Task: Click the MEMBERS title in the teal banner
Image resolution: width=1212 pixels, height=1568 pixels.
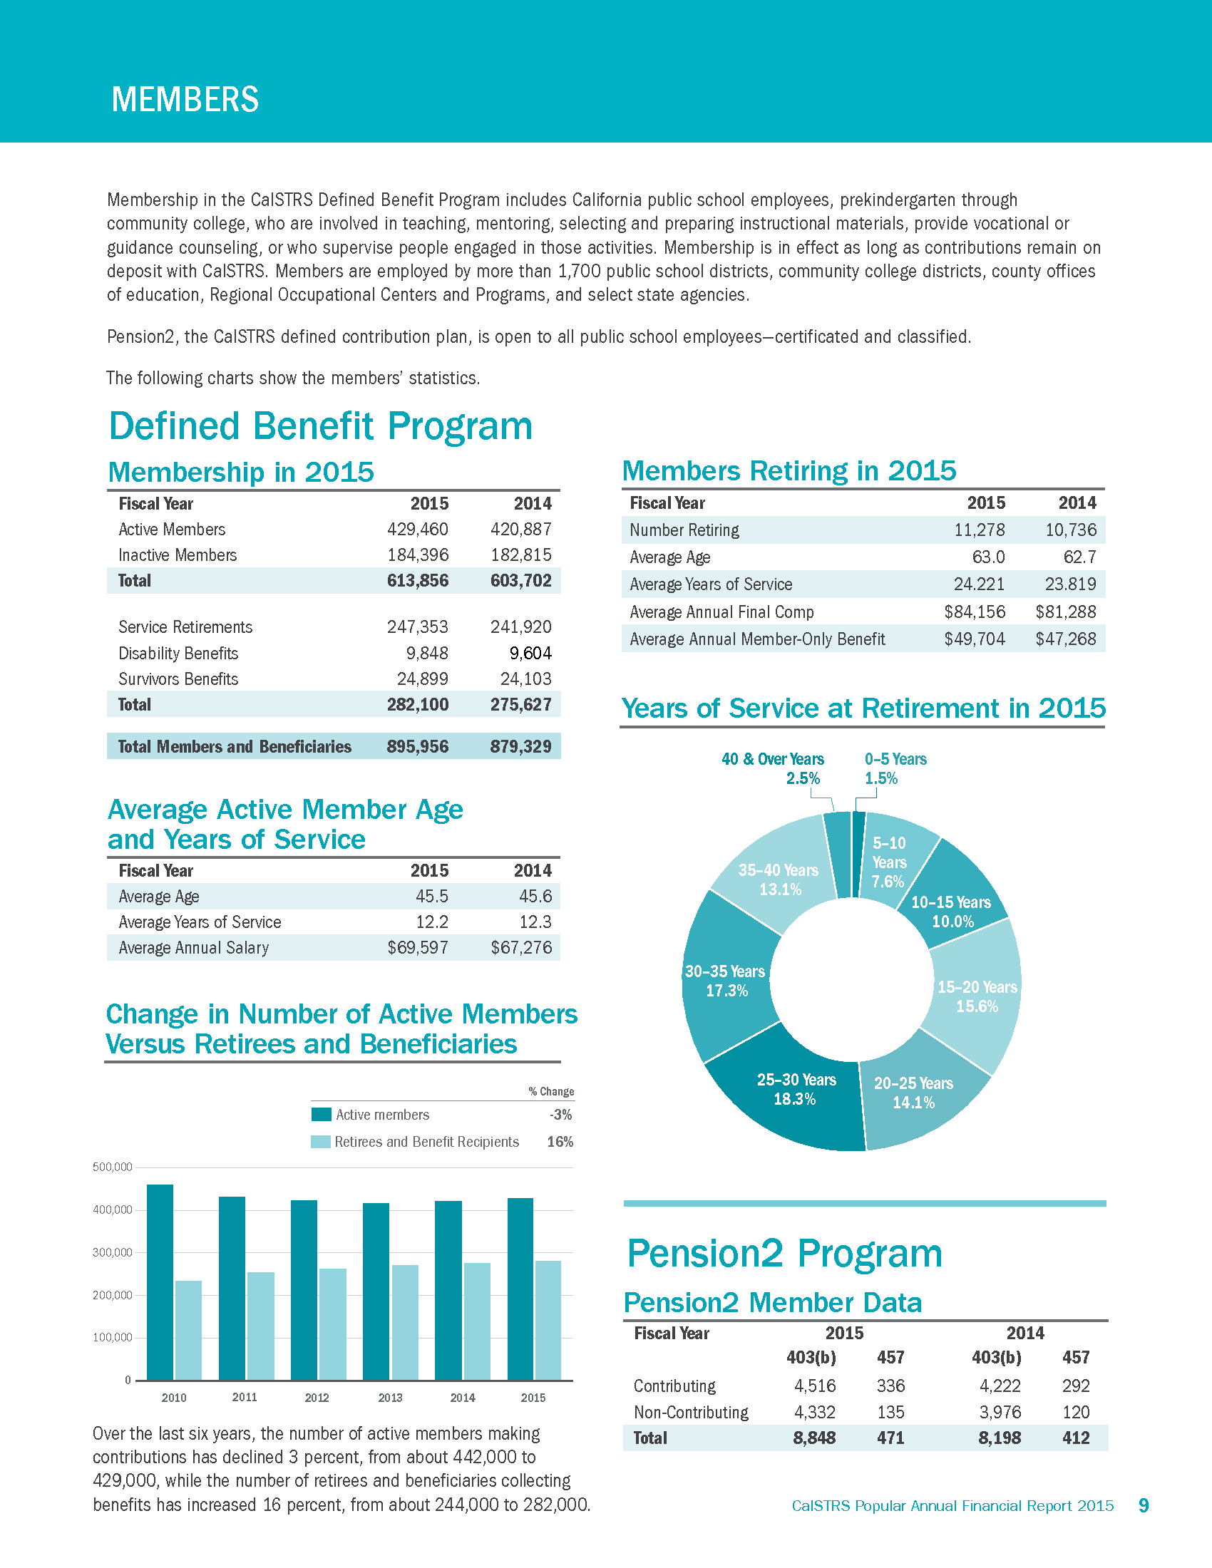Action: (185, 99)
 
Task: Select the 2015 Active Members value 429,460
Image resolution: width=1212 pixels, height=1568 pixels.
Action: (417, 529)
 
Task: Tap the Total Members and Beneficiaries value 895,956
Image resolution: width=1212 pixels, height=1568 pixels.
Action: (417, 747)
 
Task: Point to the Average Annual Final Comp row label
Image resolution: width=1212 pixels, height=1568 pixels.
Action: (721, 612)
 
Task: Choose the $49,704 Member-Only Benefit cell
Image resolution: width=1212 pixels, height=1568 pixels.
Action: (974, 639)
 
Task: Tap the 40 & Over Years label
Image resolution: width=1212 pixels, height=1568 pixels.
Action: (773, 759)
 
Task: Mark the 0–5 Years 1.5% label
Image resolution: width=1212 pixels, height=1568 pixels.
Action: (895, 768)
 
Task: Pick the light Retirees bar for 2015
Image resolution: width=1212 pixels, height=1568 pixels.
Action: (548, 1320)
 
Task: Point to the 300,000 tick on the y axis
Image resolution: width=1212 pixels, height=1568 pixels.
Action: (113, 1253)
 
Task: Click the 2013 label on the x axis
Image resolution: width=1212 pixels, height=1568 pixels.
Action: (390, 1398)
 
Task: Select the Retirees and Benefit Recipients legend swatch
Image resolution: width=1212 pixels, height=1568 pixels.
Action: (320, 1142)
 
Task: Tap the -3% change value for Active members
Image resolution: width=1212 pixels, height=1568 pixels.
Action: (560, 1115)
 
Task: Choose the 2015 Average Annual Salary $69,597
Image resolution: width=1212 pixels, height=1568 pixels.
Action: (417, 948)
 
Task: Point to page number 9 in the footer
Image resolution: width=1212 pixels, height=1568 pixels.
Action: (1144, 1505)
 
